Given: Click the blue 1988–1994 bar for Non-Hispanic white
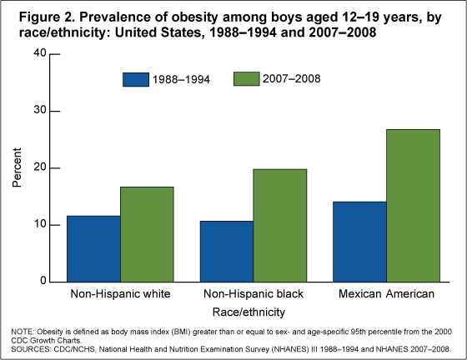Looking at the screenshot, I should coord(94,248).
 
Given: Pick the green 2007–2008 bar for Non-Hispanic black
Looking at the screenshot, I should coord(280,225).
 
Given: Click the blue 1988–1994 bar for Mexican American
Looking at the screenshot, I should coord(360,242).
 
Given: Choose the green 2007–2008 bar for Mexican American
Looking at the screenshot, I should coord(413,205).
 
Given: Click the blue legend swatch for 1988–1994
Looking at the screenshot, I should coord(135,80).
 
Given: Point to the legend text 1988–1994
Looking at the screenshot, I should coord(181,80).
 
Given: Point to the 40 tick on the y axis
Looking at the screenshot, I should coord(39,54).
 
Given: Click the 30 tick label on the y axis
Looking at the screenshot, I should coord(39,111).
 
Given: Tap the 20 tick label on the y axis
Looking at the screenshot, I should coord(39,168).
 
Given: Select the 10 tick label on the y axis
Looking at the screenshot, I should coord(39,225).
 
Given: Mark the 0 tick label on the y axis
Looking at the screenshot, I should coord(43,282).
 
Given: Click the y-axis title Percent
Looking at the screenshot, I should coord(17,168).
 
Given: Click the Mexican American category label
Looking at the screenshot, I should coord(387,295).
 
